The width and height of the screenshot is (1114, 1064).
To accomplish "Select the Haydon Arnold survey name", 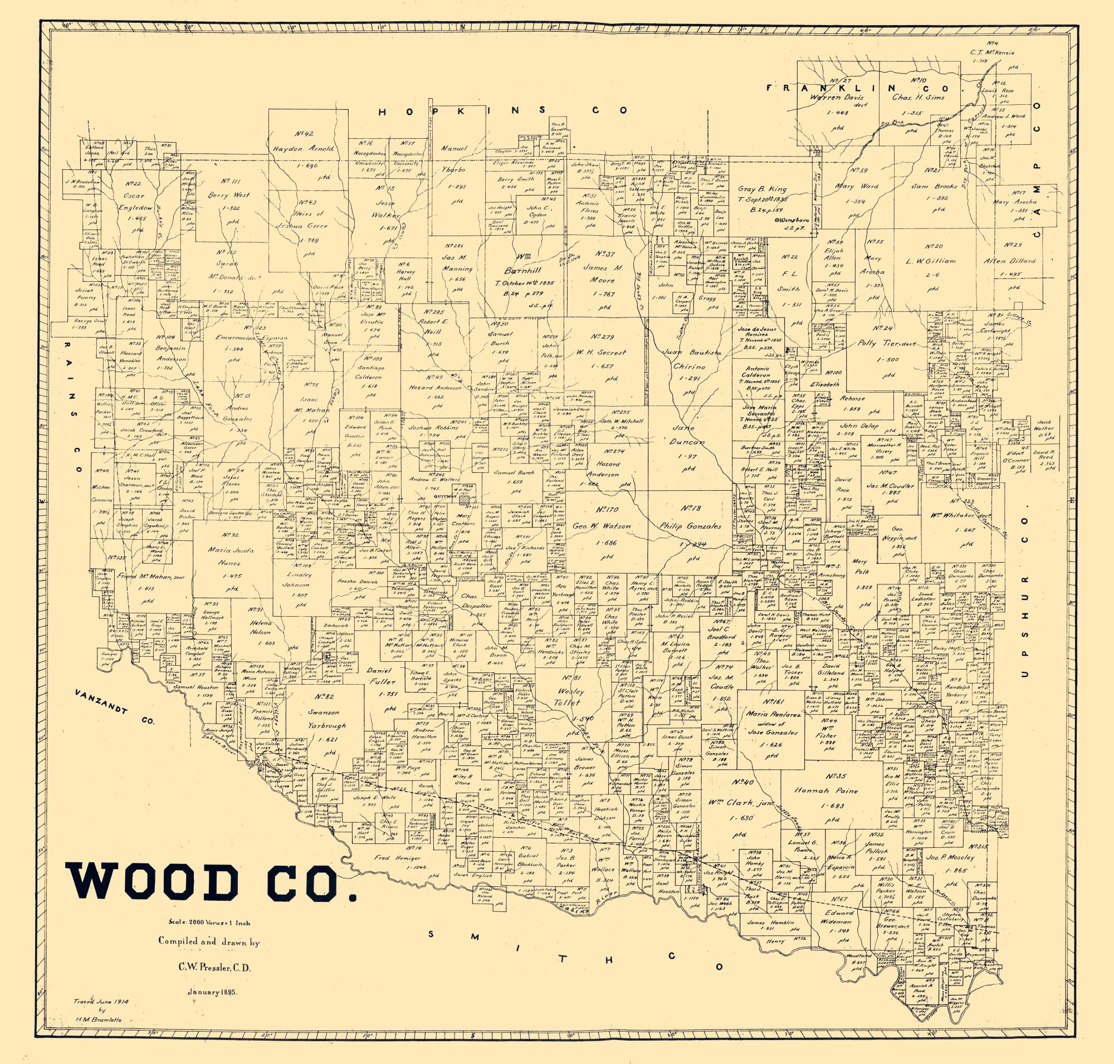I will [304, 149].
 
